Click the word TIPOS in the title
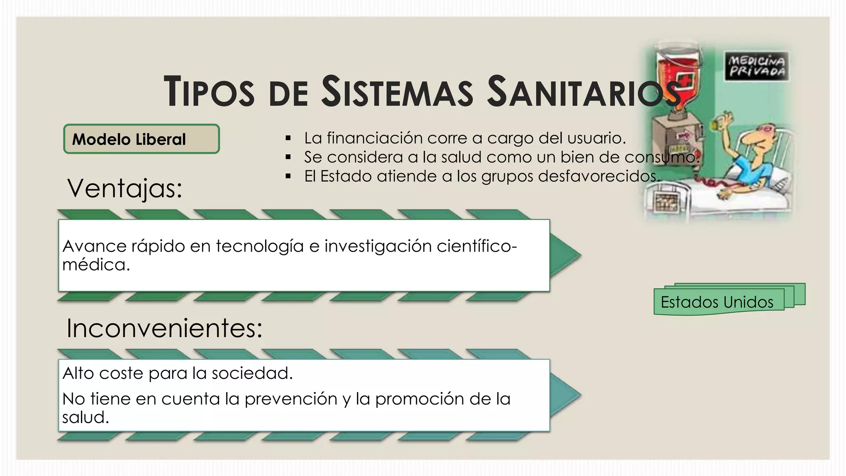click(x=209, y=91)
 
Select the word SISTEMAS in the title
click(x=397, y=91)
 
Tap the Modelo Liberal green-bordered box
click(x=141, y=139)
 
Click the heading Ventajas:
click(x=125, y=188)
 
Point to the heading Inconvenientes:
click(x=164, y=328)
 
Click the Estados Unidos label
click(x=717, y=302)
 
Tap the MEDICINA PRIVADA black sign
click(x=757, y=66)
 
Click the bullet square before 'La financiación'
click(x=288, y=138)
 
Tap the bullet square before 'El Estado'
click(x=288, y=176)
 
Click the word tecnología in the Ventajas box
click(x=259, y=246)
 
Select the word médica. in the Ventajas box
click(x=96, y=265)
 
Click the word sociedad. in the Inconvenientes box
click(x=252, y=373)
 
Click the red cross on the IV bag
click(x=682, y=79)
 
